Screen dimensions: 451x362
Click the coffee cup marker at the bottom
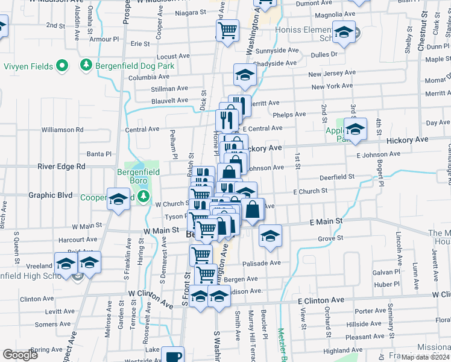[173, 356]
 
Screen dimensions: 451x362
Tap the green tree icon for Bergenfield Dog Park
[86, 65]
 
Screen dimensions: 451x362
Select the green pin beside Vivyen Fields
[61, 66]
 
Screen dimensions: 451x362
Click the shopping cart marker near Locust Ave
[227, 30]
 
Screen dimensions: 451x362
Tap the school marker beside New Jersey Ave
[245, 75]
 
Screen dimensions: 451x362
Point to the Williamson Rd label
[62, 130]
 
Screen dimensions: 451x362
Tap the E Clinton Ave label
[321, 300]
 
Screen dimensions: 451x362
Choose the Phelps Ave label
[290, 115]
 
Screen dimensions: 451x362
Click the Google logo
[20, 355]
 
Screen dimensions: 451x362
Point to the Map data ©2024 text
[424, 357]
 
